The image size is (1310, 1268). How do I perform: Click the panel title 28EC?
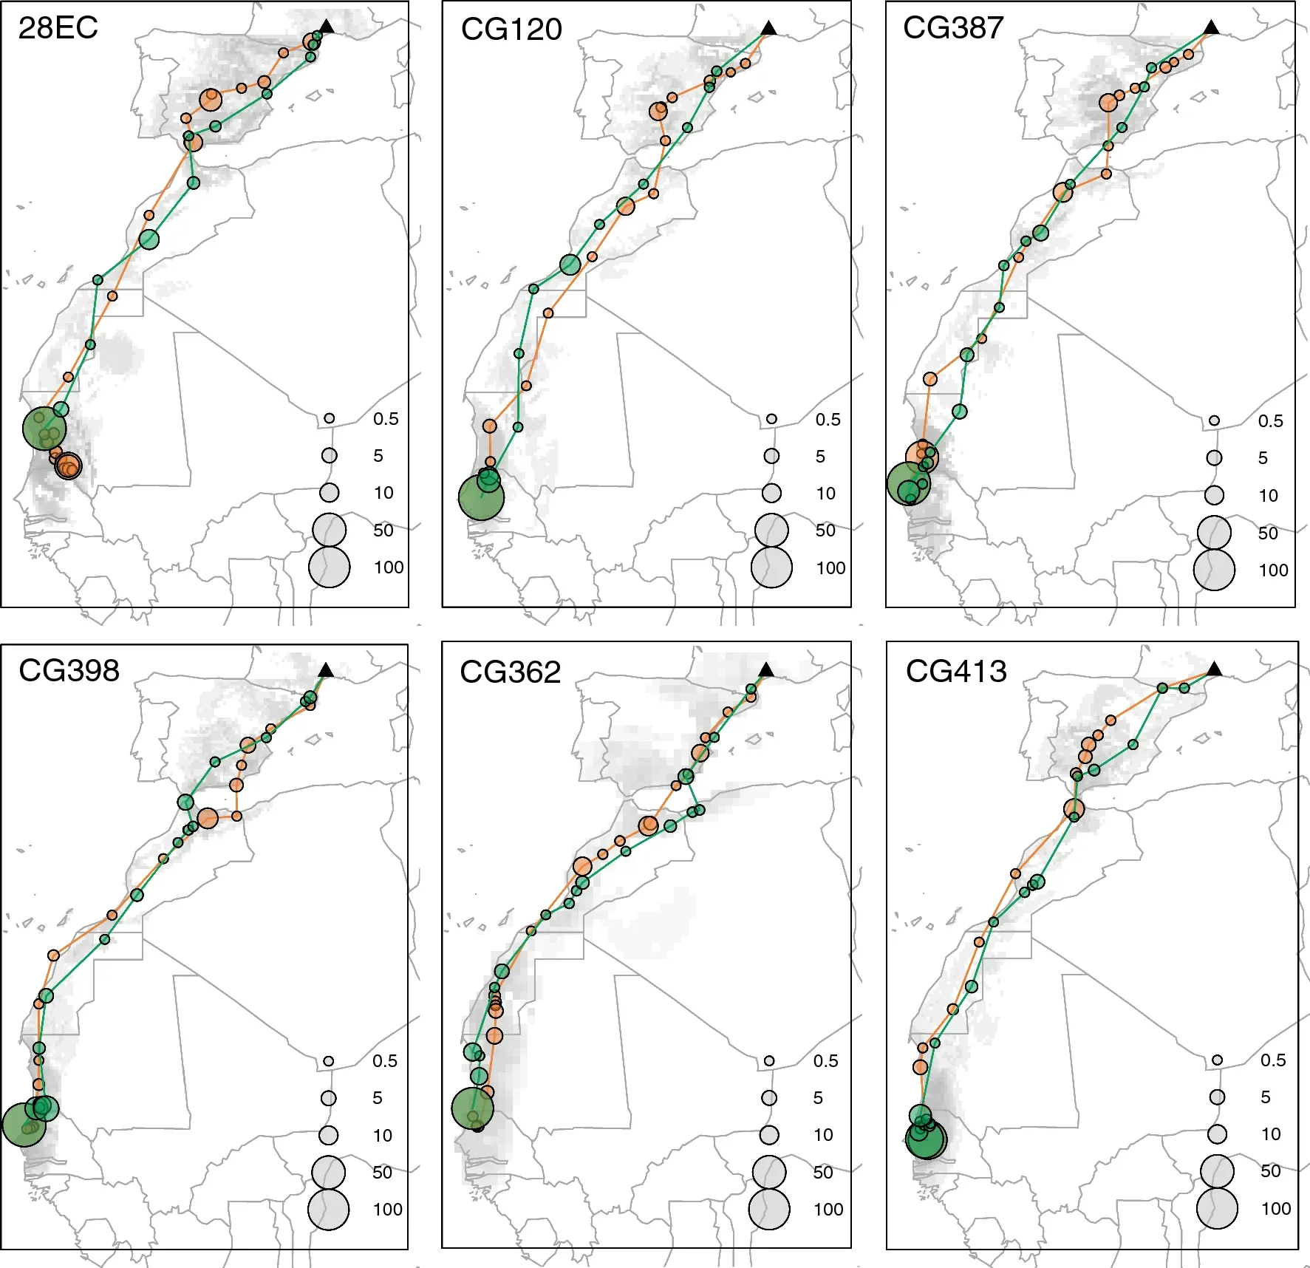point(58,28)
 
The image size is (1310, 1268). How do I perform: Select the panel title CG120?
point(511,30)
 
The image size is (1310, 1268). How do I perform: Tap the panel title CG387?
point(953,28)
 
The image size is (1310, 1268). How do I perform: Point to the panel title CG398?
point(69,671)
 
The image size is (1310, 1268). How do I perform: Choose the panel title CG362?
point(510,672)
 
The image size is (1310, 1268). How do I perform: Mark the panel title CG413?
point(956,672)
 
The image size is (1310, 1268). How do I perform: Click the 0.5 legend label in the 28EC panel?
point(386,419)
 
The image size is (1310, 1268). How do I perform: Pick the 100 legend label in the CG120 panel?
point(830,568)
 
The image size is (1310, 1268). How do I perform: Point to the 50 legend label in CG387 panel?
point(1268,533)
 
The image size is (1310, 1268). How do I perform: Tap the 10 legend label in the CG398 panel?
point(382,1136)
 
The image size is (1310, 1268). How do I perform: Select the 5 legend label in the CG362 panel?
point(818,1098)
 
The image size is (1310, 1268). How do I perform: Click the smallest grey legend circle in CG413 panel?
point(1217,1060)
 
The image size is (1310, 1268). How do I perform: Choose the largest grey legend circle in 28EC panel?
point(329,567)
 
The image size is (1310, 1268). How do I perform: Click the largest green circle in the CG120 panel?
point(481,498)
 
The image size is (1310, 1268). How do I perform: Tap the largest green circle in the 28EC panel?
point(44,428)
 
